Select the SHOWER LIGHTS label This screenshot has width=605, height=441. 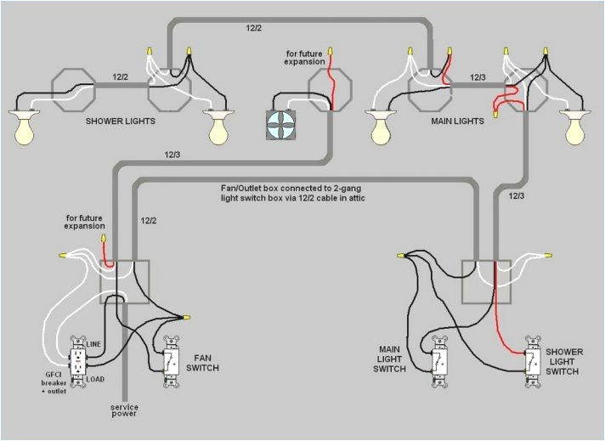tap(120, 122)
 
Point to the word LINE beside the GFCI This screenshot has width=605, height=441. tap(94, 344)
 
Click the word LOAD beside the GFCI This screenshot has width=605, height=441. tap(95, 379)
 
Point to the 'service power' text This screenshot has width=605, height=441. tap(124, 411)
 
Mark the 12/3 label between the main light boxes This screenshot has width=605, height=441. tap(478, 77)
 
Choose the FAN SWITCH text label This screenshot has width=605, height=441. tap(207, 362)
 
